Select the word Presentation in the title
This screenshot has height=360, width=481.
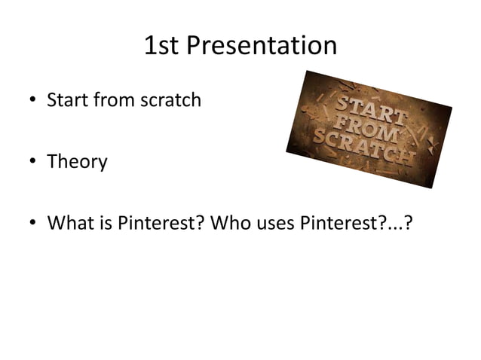pyautogui.click(x=261, y=47)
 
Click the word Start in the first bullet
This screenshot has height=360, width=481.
pyautogui.click(x=66, y=99)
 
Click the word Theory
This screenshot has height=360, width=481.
pyautogui.click(x=77, y=162)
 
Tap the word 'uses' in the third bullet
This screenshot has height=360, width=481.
pyautogui.click(x=270, y=224)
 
